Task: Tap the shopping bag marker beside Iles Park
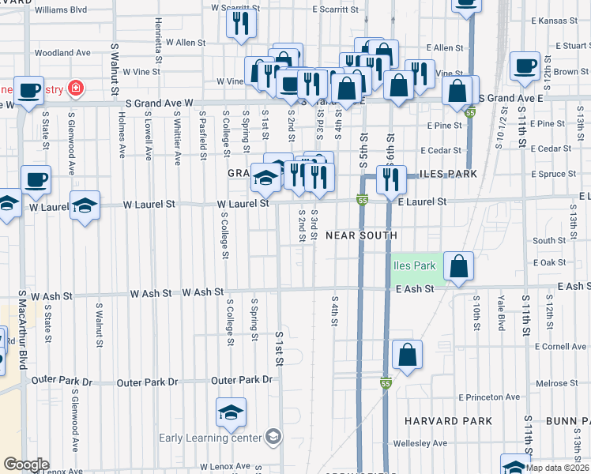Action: tap(458, 266)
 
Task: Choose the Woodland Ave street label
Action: tap(62, 53)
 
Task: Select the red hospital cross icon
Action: tap(76, 87)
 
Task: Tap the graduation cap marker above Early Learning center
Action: tap(231, 412)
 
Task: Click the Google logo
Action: tap(26, 464)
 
